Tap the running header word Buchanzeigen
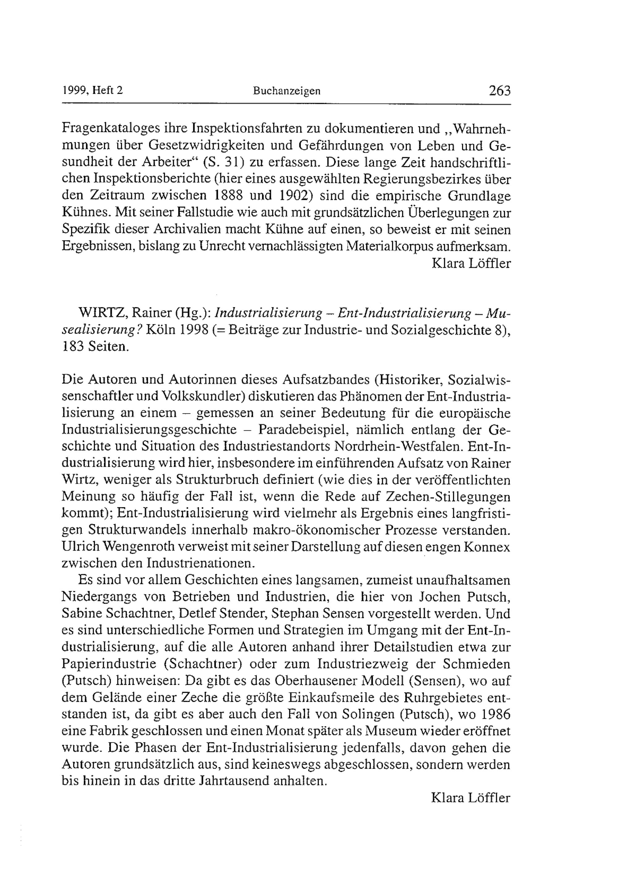click(x=287, y=91)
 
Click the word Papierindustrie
click(x=109, y=664)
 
